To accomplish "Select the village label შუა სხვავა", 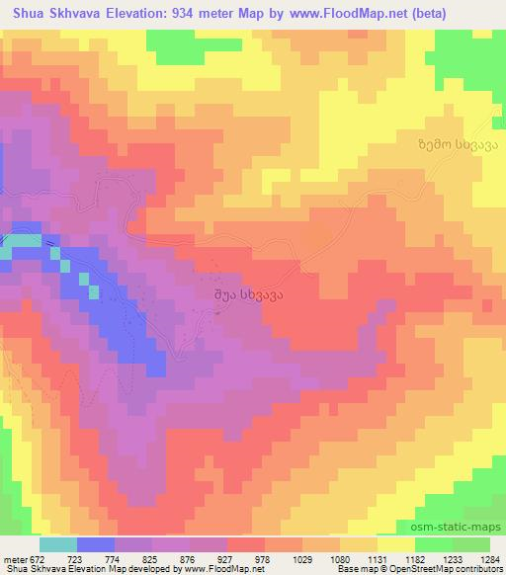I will (243, 293).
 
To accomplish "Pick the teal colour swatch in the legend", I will (57, 544).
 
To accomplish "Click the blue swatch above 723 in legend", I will (94, 544).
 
